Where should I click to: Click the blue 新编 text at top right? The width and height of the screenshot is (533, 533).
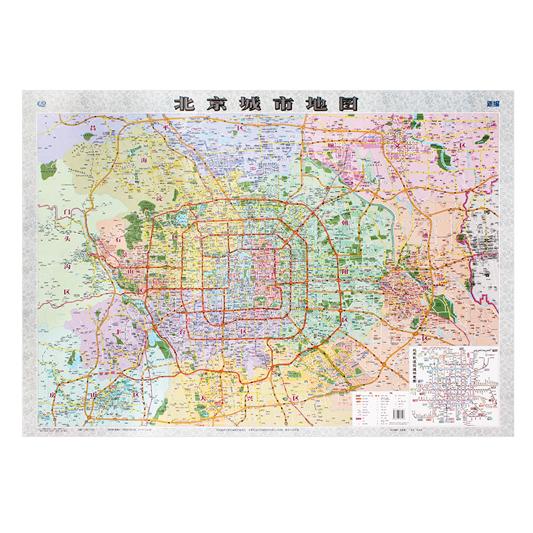pyautogui.click(x=493, y=104)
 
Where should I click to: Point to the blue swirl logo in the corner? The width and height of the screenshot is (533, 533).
pyautogui.click(x=42, y=103)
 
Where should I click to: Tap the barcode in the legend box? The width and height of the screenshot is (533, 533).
pyautogui.click(x=395, y=413)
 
